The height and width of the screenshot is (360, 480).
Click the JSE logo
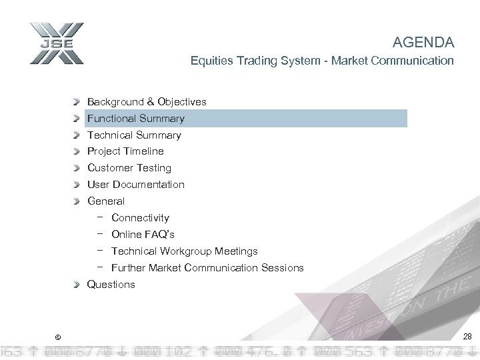coord(57,44)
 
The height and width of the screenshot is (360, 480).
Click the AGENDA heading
coord(423,43)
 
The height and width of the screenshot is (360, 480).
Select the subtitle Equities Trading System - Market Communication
coord(321,61)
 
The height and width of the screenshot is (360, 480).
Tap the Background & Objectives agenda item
coord(147,102)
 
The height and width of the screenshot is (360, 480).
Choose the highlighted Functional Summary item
coord(136,119)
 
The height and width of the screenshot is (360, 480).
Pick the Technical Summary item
coord(134,135)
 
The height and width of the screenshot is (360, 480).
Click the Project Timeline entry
coord(125,151)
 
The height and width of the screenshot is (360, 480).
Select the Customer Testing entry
coord(129,168)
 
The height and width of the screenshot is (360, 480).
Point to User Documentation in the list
coord(136,185)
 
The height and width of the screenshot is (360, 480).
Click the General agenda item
coord(106,201)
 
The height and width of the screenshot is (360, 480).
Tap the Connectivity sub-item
coord(140,218)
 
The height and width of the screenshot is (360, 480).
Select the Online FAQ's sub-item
coord(143,235)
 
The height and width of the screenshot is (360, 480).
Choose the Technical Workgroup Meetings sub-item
coord(184,251)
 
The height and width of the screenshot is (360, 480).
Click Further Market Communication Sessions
coord(207,268)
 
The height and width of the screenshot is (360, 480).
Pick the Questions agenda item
coord(111,285)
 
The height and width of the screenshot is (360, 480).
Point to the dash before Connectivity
coord(99,217)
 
